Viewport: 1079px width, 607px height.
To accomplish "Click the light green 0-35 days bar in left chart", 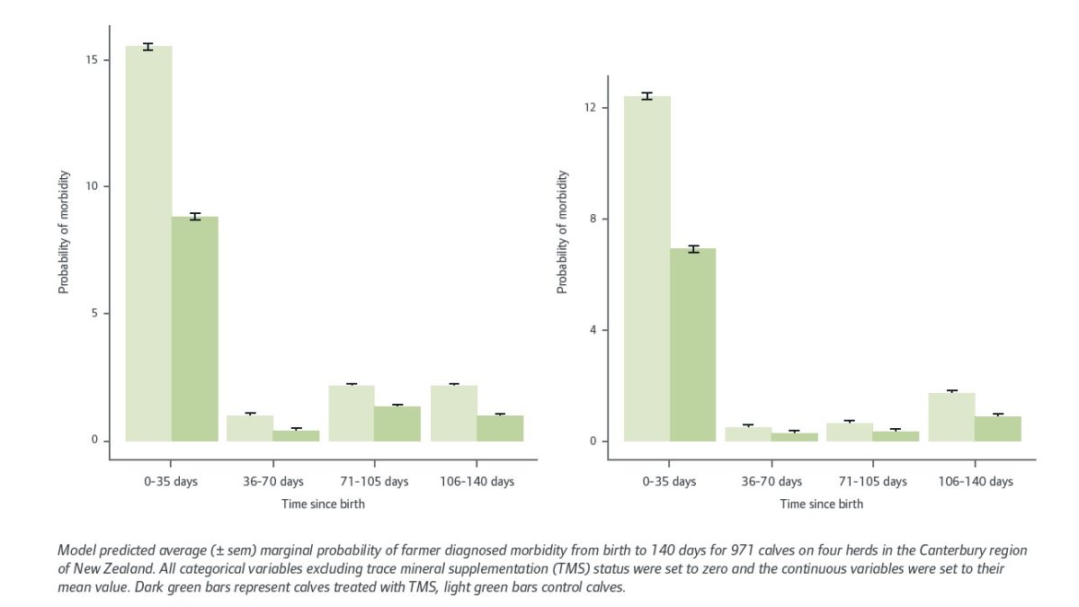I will pos(148,243).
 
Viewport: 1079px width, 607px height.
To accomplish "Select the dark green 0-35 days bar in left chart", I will pos(195,328).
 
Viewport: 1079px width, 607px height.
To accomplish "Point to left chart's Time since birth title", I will pos(324,504).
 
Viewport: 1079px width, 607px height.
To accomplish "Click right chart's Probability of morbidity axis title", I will pos(563,232).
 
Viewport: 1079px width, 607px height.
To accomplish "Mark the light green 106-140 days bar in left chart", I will pos(454,413).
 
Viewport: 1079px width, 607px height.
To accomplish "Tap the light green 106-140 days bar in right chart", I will pos(951,416).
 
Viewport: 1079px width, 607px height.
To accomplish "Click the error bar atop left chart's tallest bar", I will pos(148,47).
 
